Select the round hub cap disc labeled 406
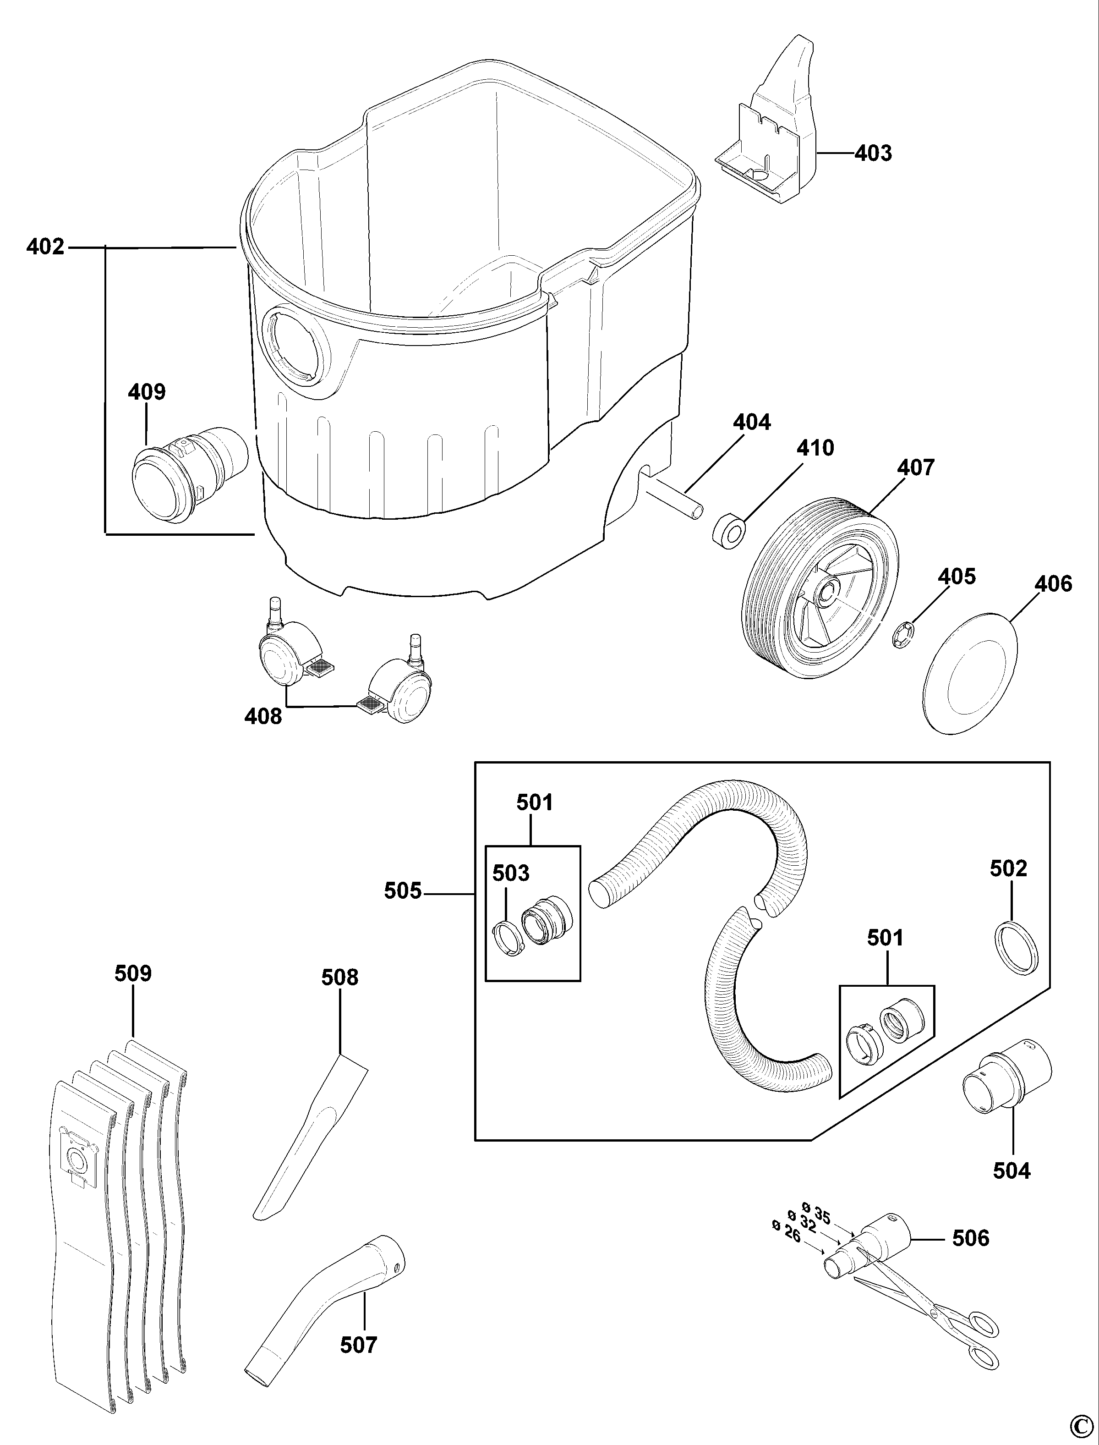click(971, 673)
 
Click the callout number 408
click(263, 717)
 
